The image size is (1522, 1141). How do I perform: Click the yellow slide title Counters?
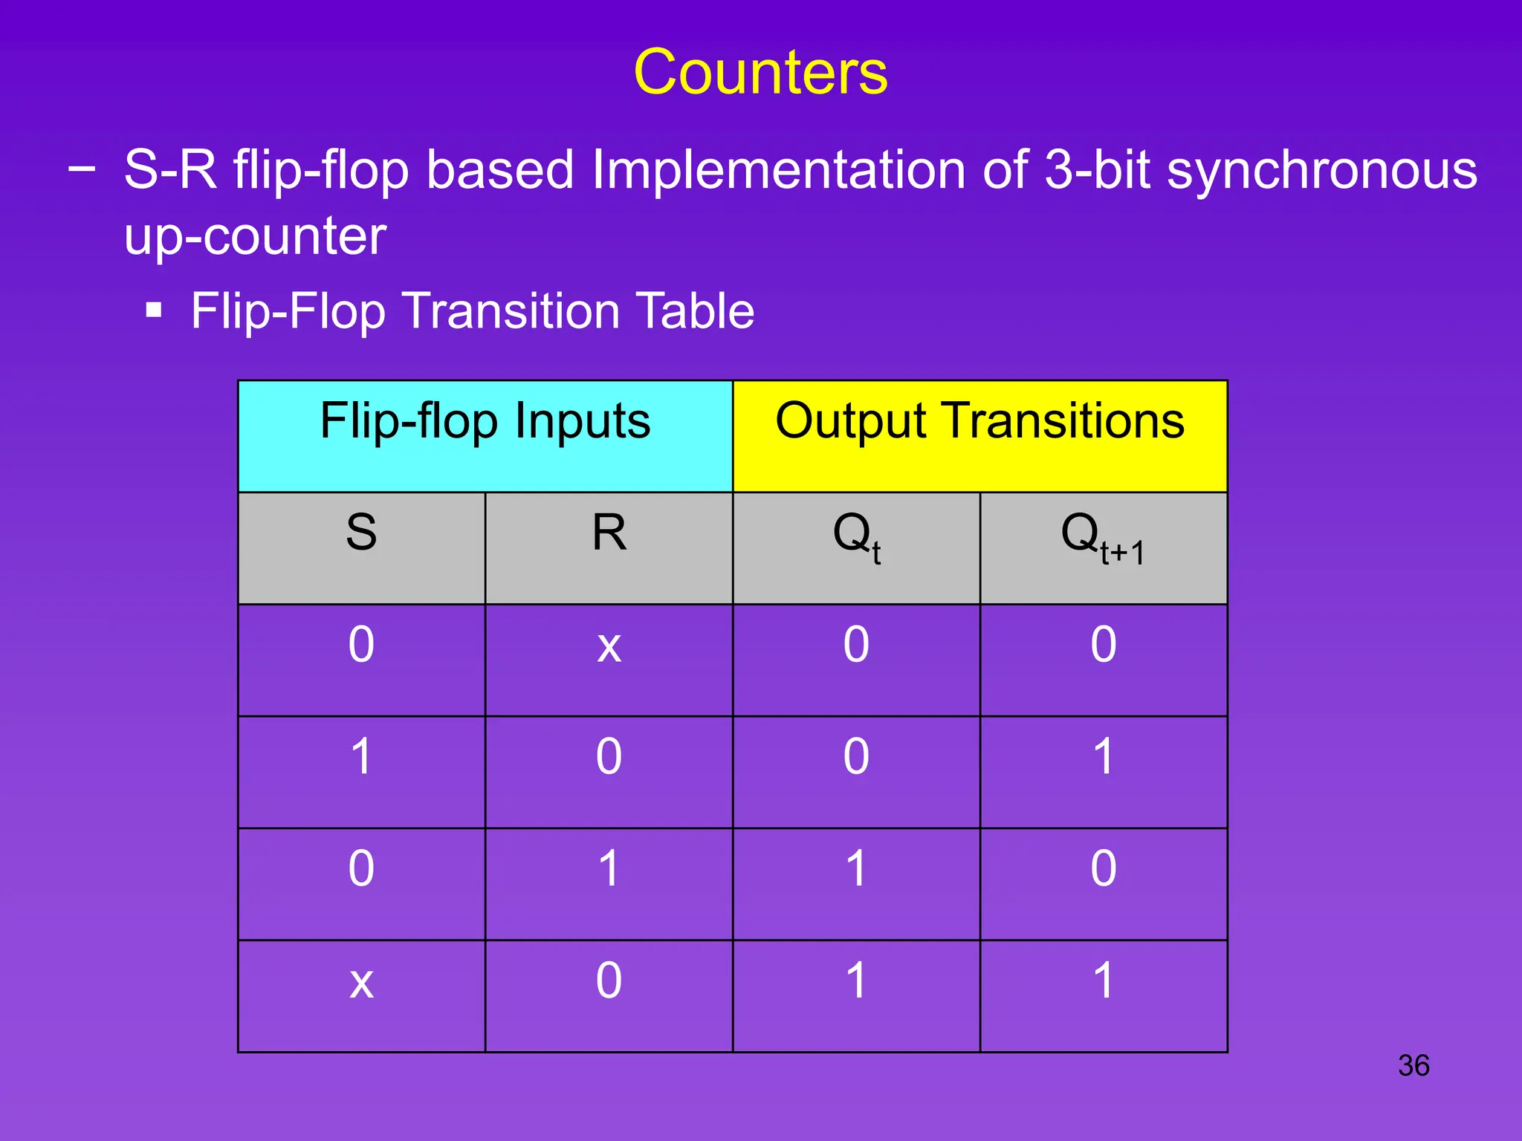760,72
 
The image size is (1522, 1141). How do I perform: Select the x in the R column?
609,646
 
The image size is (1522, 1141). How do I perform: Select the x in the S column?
361,982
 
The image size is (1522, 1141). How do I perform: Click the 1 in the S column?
361,757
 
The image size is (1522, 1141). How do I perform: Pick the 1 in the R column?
609,868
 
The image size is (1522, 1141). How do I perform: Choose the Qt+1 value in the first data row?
1104,644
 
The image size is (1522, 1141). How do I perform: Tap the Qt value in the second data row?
856,757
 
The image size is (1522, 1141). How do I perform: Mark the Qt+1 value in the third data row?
1104,868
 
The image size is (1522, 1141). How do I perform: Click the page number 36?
1413,1065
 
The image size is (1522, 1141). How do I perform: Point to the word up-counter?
255,236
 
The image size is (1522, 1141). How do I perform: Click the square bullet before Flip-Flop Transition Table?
154,310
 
